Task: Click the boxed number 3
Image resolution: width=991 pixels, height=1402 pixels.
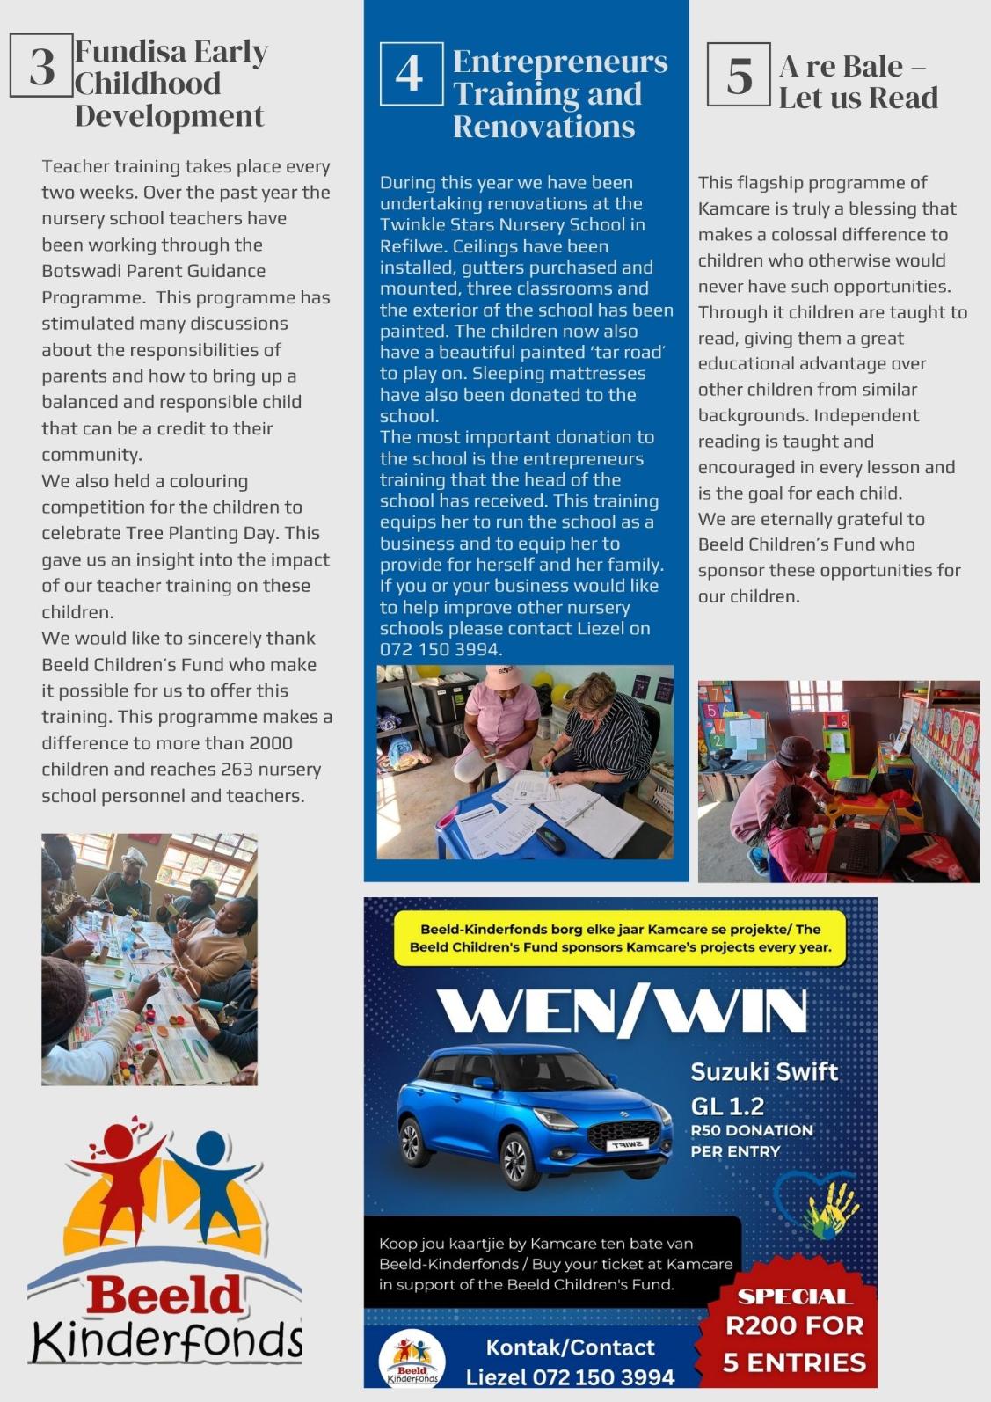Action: click(x=40, y=66)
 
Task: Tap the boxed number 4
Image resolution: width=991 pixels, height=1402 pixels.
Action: click(x=411, y=74)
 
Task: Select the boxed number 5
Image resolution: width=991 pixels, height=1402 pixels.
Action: click(x=739, y=75)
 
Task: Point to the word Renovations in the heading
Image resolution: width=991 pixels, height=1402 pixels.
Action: click(x=543, y=127)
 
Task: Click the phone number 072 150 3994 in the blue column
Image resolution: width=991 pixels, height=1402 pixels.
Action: click(x=439, y=650)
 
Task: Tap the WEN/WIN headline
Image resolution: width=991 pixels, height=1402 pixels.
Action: click(x=621, y=1011)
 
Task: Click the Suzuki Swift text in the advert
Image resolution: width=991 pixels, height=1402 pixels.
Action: click(x=763, y=1072)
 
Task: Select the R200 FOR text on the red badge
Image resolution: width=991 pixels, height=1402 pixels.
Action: click(x=793, y=1325)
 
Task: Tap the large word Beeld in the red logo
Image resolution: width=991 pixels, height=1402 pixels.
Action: click(x=164, y=1294)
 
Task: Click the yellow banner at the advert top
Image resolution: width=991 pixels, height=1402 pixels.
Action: click(x=620, y=938)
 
